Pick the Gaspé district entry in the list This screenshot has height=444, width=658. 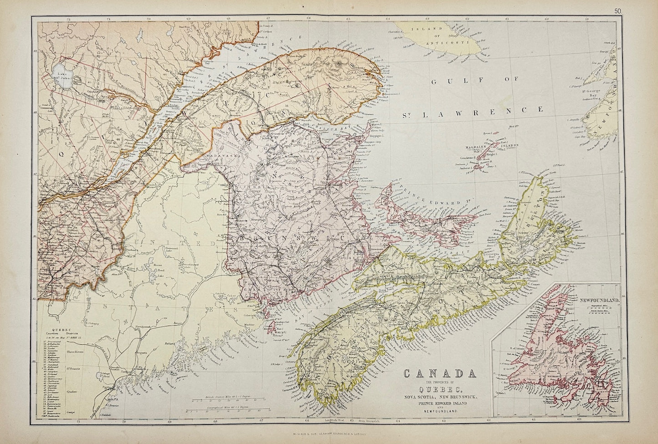[x=70, y=412]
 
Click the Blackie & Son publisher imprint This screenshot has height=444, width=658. [x=329, y=435]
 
